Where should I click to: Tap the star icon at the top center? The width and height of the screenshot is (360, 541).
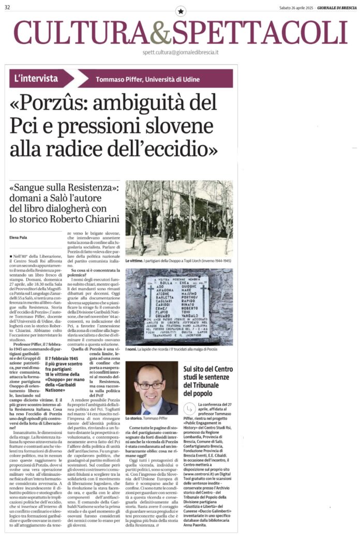[x=180, y=11]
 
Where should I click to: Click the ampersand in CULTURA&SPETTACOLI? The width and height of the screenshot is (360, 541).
[x=160, y=33]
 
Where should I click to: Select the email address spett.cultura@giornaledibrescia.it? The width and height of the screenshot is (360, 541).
[x=181, y=52]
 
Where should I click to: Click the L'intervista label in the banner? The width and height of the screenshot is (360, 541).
[x=36, y=78]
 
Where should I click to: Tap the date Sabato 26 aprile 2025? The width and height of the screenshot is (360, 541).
[x=297, y=7]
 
